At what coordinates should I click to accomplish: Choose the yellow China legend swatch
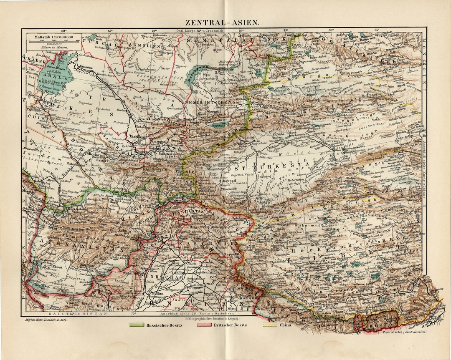tap(269, 325)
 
